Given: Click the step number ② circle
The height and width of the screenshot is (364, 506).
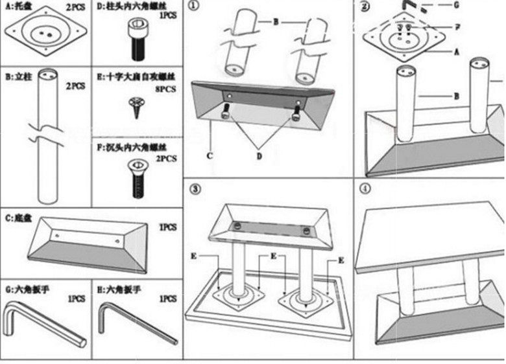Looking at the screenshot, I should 366,8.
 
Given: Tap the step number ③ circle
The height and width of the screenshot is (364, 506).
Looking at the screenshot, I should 195,189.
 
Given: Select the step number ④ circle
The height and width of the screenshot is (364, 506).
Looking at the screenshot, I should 366,189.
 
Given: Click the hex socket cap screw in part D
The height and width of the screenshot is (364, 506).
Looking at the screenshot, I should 139,40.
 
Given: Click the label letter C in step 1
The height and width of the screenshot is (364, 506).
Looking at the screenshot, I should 209,155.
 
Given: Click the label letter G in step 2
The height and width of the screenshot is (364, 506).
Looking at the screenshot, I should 457,5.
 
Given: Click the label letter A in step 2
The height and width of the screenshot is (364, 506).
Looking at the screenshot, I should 457,51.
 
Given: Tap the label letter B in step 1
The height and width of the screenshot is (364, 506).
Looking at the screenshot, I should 275,22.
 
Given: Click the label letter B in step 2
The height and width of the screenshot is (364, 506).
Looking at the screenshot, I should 457,96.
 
